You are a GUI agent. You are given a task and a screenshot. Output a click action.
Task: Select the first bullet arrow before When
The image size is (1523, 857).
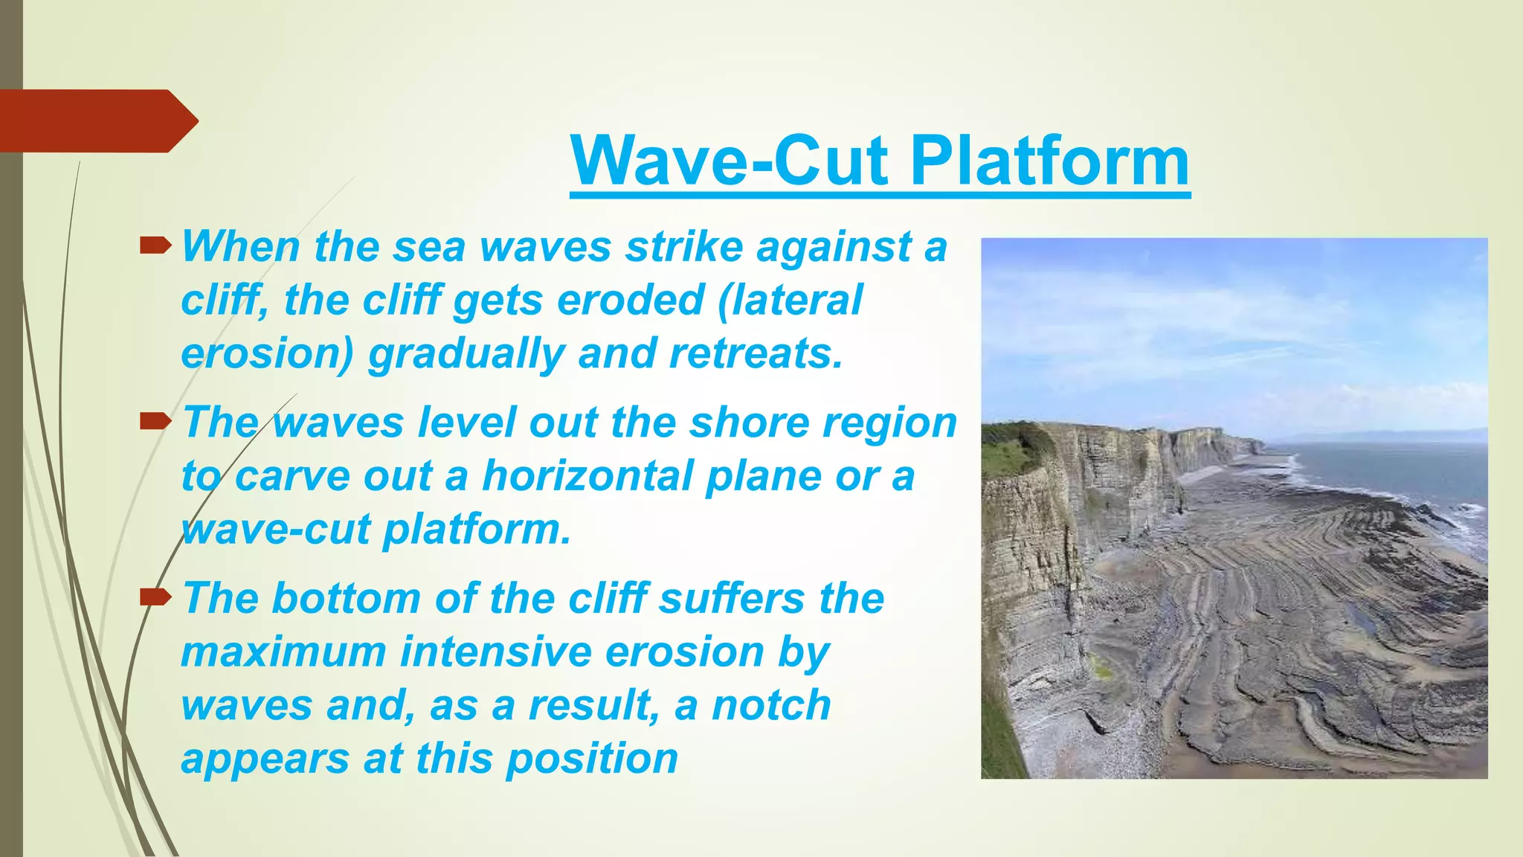click(155, 243)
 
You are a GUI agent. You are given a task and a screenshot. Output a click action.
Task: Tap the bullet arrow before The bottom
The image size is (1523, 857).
click(155, 595)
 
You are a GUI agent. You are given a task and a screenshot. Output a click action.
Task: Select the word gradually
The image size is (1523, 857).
click(467, 355)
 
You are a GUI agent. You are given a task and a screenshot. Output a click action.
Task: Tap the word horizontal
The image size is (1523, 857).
click(587, 475)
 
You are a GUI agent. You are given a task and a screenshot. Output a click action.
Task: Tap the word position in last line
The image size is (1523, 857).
click(592, 760)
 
